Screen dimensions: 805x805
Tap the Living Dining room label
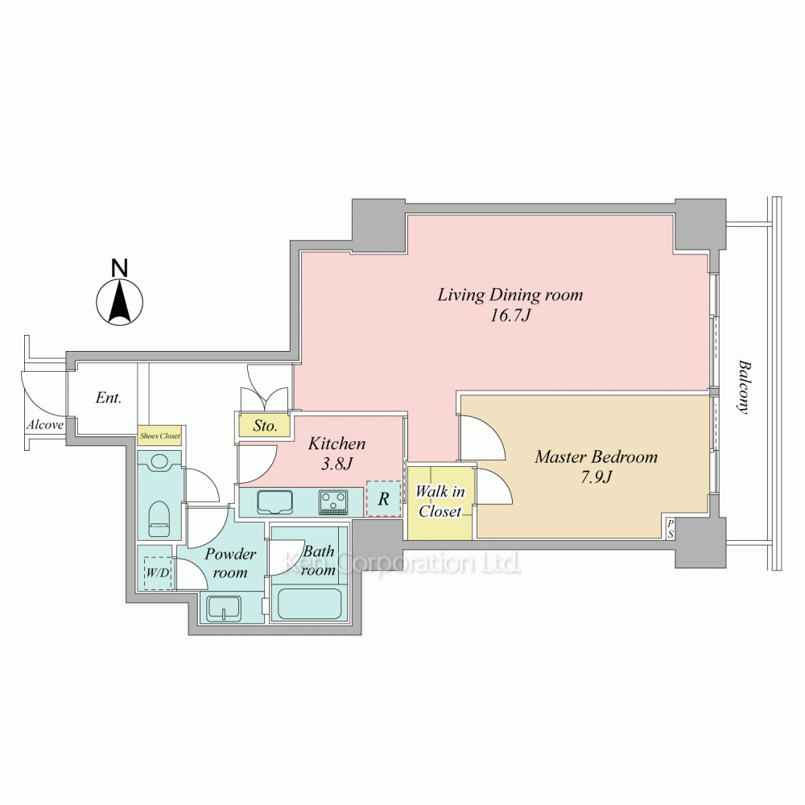pos(510,295)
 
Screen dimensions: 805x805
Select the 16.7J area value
pos(510,315)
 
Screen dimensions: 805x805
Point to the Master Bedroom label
pos(596,456)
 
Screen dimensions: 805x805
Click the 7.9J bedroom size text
pos(597,477)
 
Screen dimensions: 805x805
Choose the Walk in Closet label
pos(440,501)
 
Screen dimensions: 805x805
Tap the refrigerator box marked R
pos(383,498)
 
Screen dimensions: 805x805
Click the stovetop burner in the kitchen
pos(333,502)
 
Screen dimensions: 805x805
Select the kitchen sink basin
pos(275,502)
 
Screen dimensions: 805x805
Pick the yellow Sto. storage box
pos(264,426)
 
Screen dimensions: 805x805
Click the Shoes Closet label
pos(159,436)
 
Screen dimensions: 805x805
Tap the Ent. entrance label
pos(109,398)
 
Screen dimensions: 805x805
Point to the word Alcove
pos(45,424)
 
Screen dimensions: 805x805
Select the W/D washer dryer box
pos(157,572)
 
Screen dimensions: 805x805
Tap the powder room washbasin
pos(224,609)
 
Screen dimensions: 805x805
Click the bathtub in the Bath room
pos(310,605)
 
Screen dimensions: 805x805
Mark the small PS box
pos(671,529)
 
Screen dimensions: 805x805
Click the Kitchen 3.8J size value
pos(337,464)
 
